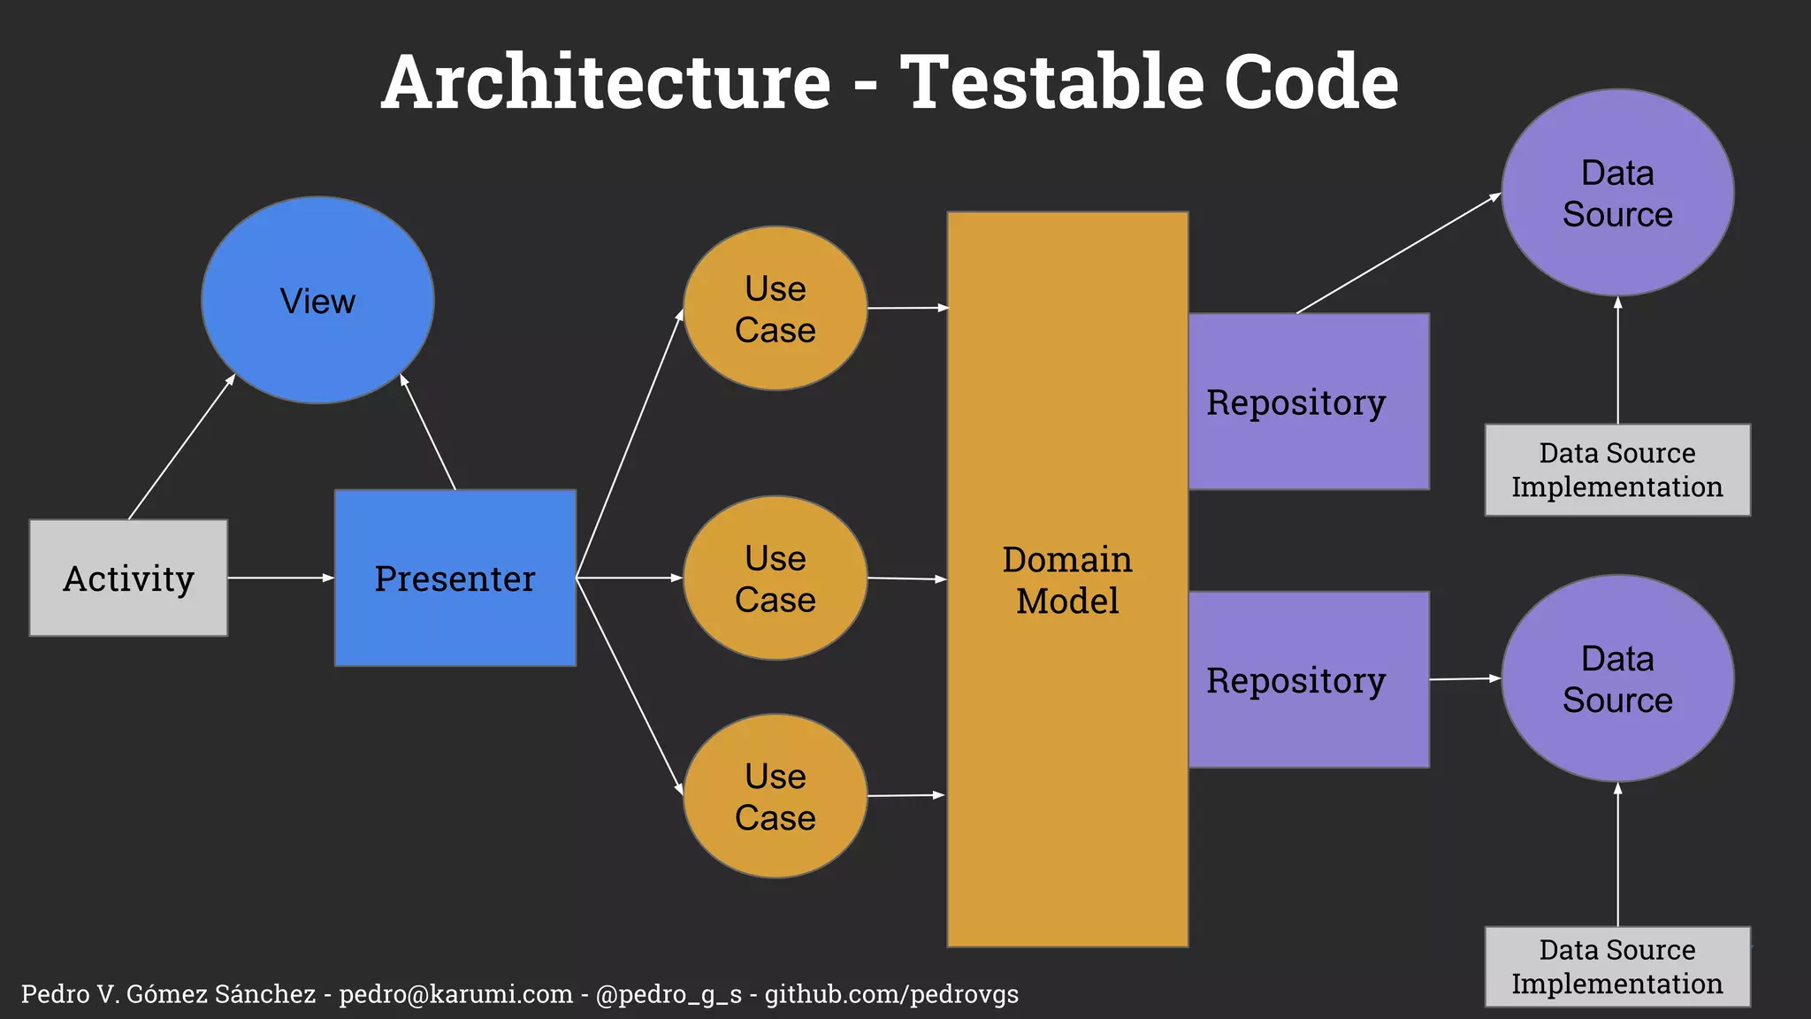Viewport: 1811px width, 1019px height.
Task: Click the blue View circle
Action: (317, 301)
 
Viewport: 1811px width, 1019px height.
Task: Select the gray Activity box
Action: (128, 578)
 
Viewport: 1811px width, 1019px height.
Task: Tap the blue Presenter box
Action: (455, 578)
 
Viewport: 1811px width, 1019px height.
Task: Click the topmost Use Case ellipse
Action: (776, 309)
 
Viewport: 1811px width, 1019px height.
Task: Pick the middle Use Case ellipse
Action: (776, 578)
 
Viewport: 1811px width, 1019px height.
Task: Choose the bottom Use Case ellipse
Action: (776, 796)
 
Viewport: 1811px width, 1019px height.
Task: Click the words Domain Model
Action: (1067, 580)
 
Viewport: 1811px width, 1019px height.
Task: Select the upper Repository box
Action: (1308, 402)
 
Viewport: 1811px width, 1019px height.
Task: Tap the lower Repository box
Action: (1308, 679)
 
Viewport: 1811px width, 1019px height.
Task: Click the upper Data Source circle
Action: (1617, 193)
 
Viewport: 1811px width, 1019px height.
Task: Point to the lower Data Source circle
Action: (1617, 678)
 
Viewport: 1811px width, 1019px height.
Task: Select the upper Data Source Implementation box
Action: (1617, 470)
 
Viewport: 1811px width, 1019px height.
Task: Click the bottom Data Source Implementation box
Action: (1617, 967)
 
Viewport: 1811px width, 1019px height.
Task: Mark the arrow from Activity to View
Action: (181, 447)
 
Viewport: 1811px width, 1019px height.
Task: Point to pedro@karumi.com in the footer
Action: (455, 994)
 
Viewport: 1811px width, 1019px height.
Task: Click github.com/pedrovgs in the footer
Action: (891, 994)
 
